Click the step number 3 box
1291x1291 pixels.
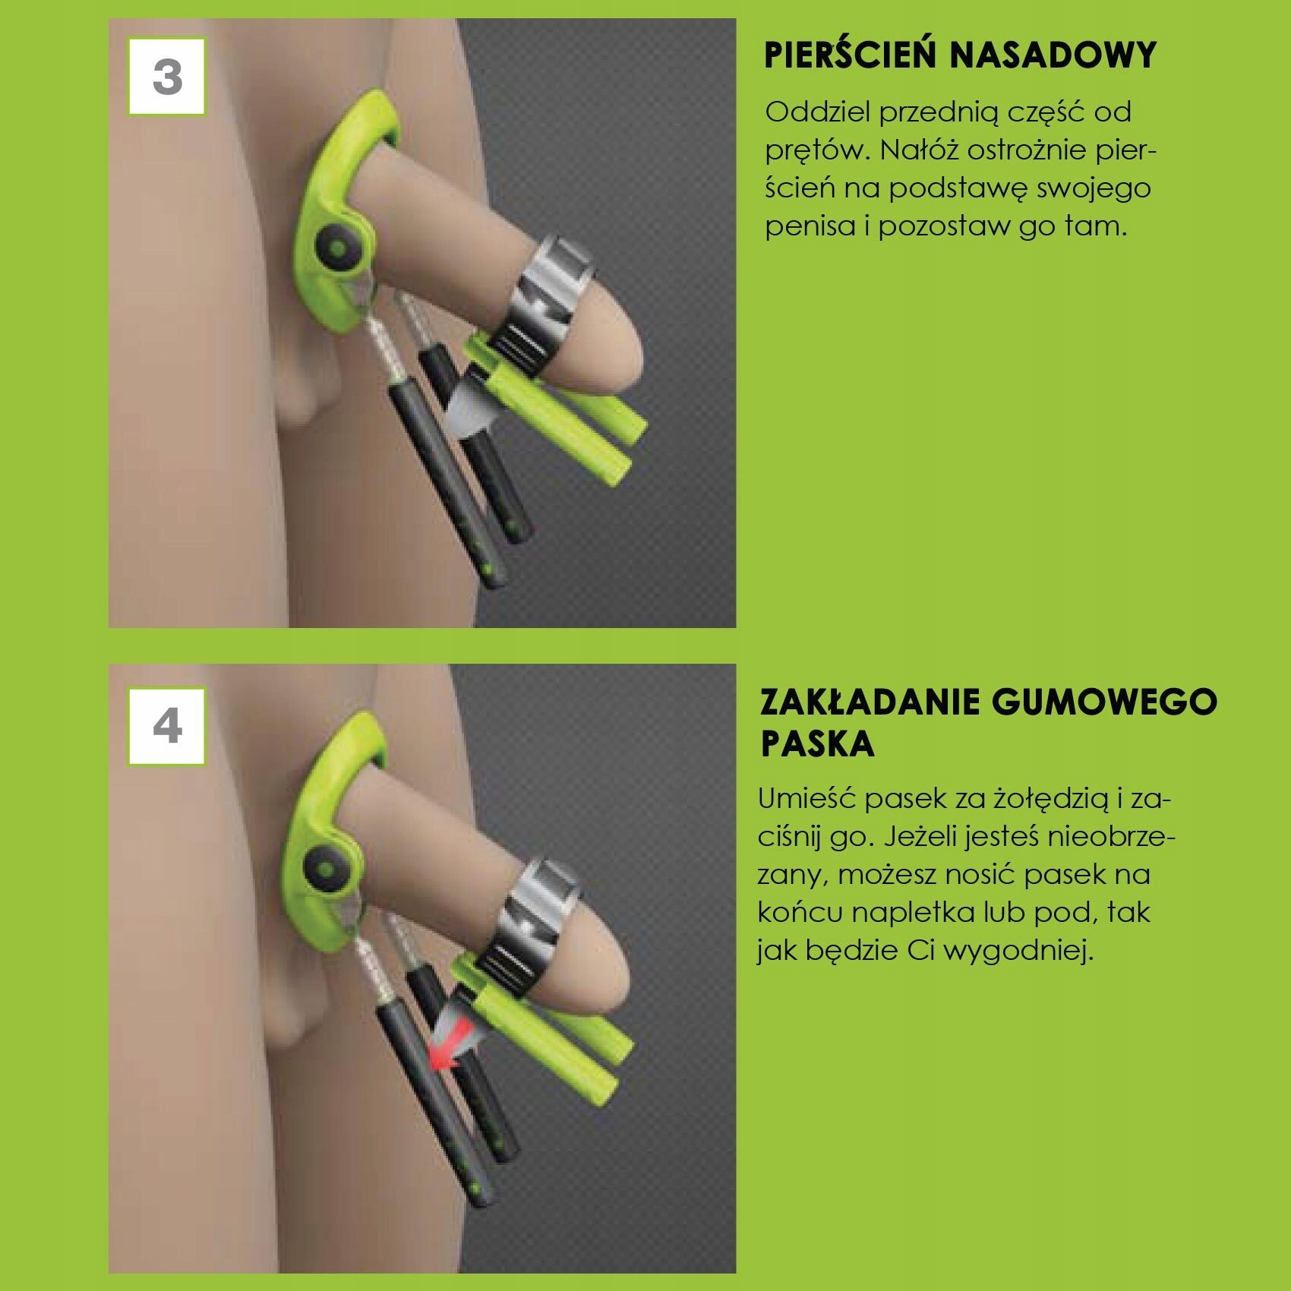tap(167, 77)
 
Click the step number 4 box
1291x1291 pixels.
tap(167, 726)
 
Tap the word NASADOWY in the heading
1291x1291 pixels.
tap(1053, 55)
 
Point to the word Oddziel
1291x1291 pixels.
tap(816, 112)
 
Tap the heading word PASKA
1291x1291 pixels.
tap(817, 744)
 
